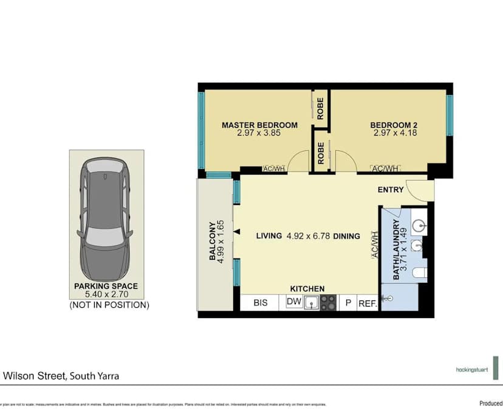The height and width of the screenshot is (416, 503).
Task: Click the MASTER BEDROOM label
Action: tap(259, 125)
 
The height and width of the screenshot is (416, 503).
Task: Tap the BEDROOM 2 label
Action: tap(394, 125)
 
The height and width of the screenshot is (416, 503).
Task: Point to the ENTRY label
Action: tap(391, 190)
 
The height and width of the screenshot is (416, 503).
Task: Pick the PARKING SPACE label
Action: tap(106, 286)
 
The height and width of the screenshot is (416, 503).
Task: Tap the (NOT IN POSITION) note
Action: tap(109, 305)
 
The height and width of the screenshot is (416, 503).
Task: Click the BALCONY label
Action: tap(213, 241)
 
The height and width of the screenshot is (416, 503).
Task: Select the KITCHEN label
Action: tap(307, 288)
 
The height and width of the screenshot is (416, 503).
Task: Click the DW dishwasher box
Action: tap(293, 302)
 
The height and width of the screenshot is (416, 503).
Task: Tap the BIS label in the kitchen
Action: tap(261, 302)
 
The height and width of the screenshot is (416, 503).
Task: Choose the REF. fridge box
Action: tap(367, 303)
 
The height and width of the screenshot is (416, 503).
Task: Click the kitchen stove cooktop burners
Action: tap(328, 302)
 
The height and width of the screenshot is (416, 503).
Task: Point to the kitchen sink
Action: tap(312, 302)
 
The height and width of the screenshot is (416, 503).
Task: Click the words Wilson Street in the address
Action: tap(33, 376)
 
